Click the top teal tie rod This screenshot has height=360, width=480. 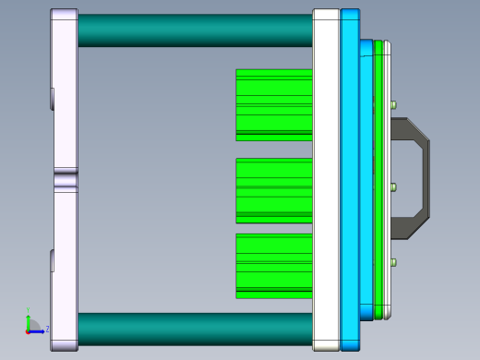tap(194, 30)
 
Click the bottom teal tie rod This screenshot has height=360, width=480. tap(194, 329)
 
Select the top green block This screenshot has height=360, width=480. tap(273, 104)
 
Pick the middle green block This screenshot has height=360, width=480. tap(273, 190)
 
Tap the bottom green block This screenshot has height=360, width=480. tap(273, 266)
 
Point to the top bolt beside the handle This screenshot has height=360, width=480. tap(394, 105)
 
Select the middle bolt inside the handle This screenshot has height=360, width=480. tap(394, 187)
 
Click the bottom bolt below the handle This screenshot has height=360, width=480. tap(394, 263)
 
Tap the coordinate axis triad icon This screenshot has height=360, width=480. tap(32, 325)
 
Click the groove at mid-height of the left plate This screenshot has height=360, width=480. tap(65, 179)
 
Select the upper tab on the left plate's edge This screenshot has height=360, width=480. tap(53, 98)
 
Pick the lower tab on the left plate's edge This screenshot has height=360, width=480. tap(53, 260)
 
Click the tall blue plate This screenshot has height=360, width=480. tap(350, 180)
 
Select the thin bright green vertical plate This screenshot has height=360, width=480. tap(378, 180)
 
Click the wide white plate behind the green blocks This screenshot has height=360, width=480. tap(326, 180)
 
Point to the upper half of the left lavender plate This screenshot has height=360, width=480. tap(64, 92)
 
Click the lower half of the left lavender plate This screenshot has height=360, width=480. tap(64, 268)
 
